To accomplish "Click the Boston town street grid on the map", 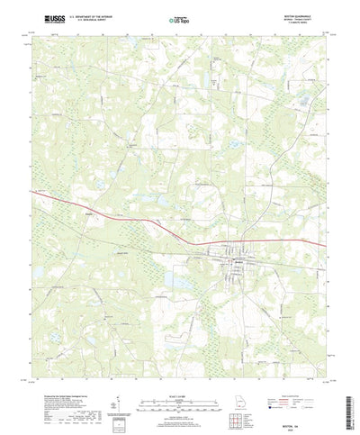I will (x=239, y=261).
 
